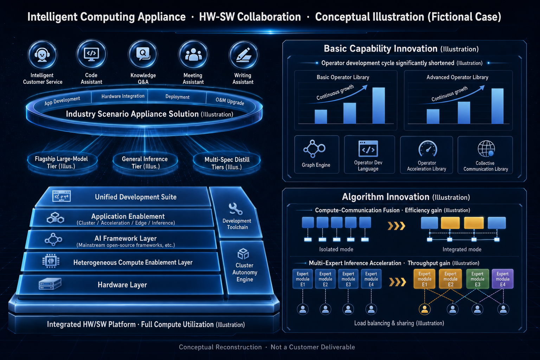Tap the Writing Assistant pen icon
[x=244, y=55]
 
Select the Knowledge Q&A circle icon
[x=143, y=54]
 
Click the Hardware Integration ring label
[x=123, y=96]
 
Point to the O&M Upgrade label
[x=230, y=101]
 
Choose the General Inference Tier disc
[x=145, y=162]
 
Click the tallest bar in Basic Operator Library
[x=379, y=105]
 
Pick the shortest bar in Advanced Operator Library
[x=433, y=116]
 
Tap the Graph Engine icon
[x=314, y=149]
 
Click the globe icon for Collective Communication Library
[x=486, y=149]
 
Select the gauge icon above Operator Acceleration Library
[x=427, y=148]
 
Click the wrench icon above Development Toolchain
[x=236, y=209]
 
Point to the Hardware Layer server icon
[x=50, y=284]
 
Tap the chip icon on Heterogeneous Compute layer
[x=51, y=261]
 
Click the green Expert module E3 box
[x=477, y=279]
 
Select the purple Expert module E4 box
[x=503, y=279]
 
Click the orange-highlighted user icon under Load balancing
[x=425, y=309]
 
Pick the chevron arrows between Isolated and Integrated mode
[x=396, y=226]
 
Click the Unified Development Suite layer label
[x=136, y=197]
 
